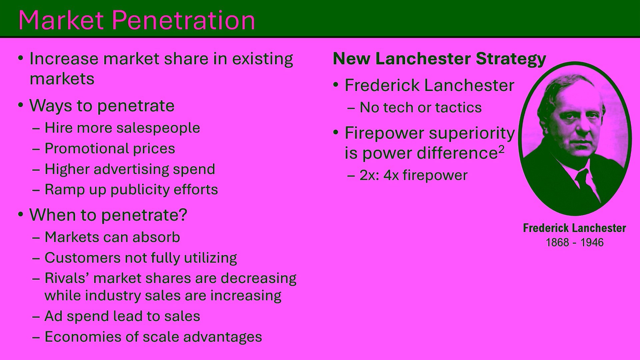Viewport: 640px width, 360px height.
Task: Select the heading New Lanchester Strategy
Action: pyautogui.click(x=439, y=59)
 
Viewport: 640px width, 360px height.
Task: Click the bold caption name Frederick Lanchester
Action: pyautogui.click(x=574, y=228)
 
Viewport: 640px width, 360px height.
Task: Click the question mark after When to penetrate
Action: pyautogui.click(x=183, y=214)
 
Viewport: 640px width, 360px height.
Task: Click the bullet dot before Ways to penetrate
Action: pyautogui.click(x=21, y=105)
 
